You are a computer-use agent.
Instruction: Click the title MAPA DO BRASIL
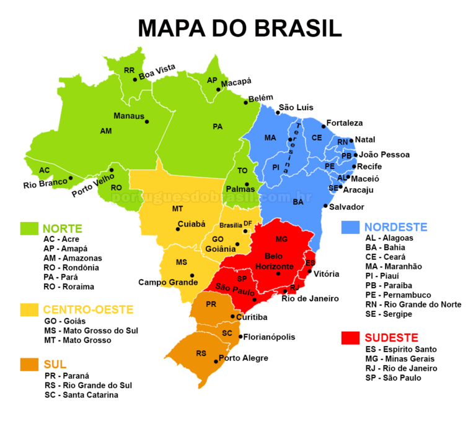(x=239, y=28)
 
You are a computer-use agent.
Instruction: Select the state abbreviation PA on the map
(x=218, y=126)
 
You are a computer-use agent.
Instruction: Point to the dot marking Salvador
(x=325, y=205)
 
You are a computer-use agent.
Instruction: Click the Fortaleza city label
(x=344, y=123)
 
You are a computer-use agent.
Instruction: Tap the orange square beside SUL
(x=27, y=364)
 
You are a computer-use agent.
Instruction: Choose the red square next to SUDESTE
(x=350, y=338)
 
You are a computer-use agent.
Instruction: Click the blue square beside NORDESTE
(x=350, y=227)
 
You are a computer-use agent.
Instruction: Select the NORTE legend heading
(x=62, y=228)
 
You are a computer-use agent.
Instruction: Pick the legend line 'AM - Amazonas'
(x=73, y=258)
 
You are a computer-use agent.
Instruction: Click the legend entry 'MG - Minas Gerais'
(x=400, y=358)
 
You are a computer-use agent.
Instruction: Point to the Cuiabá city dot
(x=178, y=229)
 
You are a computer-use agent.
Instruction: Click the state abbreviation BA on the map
(x=298, y=202)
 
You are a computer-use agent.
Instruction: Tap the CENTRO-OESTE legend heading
(x=88, y=309)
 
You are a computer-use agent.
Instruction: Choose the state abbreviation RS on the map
(x=201, y=353)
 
